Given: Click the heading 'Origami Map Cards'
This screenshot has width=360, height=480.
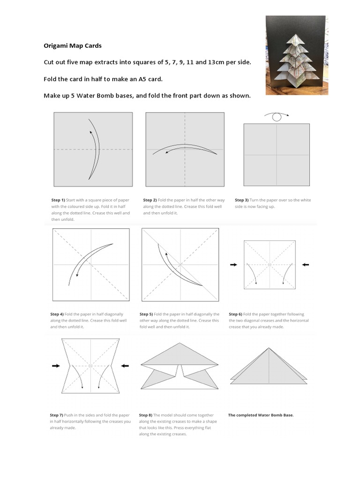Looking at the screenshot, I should pos(73,46).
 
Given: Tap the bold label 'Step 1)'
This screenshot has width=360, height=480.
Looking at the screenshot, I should pos(59,200).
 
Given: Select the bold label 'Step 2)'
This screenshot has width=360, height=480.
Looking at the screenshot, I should pos(150,200).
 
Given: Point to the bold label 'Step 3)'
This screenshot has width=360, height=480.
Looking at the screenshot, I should pos(242,200).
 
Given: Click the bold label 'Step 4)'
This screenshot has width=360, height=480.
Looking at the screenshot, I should pos(57,314).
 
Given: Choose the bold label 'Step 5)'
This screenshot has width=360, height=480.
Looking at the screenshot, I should pos(147,314).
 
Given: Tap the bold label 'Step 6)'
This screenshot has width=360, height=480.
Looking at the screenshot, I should pos(236,314).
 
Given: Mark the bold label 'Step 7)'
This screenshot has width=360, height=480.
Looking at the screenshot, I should pos(57,415).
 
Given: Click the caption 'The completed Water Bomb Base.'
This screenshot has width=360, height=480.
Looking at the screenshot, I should pos(261,415).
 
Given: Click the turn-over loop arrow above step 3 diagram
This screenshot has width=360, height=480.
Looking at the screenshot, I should pos(277,116).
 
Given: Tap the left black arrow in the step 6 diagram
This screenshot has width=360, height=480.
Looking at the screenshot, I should pos(233,265).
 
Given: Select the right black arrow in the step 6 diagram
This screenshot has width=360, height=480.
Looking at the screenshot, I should pos(306,265).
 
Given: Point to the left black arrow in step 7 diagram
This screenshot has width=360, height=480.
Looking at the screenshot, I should pos(56,366).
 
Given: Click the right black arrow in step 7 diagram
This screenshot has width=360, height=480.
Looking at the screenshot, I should pos(125,366).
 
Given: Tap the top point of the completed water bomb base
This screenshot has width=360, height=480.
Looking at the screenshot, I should pos(269,348).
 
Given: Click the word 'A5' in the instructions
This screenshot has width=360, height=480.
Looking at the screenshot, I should pos(150,79).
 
